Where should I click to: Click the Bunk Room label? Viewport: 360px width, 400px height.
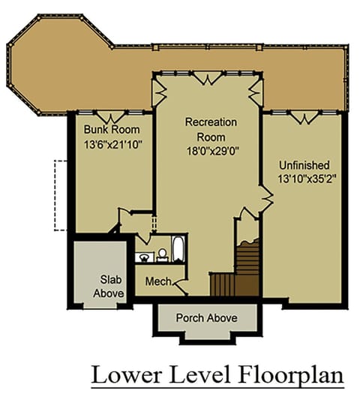click(112, 130)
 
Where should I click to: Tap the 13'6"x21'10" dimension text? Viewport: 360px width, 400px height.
click(112, 145)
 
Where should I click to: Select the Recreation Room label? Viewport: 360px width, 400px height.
click(211, 130)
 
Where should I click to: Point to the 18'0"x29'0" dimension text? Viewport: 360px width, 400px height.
click(213, 151)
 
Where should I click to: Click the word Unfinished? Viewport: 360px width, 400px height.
click(304, 165)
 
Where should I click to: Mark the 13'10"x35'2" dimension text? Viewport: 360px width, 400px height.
click(306, 179)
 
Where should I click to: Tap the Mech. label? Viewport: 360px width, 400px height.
click(158, 281)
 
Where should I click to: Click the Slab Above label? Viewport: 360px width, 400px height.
click(109, 287)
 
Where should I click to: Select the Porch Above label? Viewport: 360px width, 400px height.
click(207, 318)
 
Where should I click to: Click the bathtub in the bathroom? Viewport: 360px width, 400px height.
click(178, 248)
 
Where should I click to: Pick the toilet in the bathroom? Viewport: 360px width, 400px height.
click(162, 255)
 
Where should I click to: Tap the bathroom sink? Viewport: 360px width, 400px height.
click(144, 257)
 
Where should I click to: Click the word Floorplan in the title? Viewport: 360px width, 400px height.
click(292, 376)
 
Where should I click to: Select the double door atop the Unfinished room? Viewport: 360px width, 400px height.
click(304, 117)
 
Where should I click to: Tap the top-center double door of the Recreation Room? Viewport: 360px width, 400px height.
click(207, 78)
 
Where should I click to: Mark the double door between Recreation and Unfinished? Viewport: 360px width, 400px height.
click(267, 197)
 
